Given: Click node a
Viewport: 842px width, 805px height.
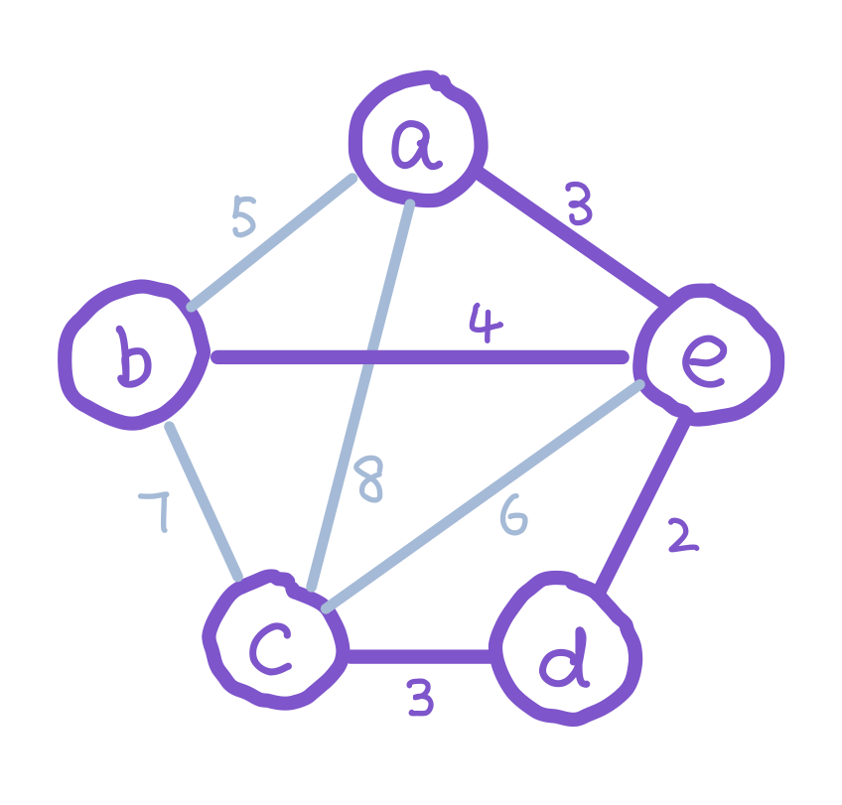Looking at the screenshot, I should point(418,140).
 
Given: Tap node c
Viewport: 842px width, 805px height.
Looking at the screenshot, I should point(271,640).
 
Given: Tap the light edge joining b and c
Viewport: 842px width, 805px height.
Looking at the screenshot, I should point(204,501).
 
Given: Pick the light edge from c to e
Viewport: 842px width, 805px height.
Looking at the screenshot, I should point(483,493).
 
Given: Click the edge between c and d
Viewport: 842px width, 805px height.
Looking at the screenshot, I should point(419,656).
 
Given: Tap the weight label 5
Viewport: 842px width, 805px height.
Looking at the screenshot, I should point(243,216).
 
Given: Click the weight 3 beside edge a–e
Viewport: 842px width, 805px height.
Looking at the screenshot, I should point(580,205).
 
